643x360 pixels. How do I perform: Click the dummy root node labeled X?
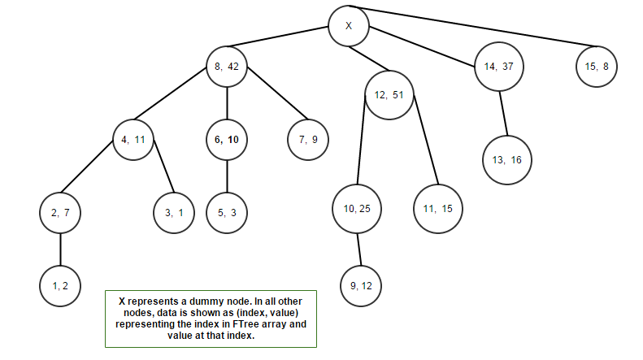point(349,25)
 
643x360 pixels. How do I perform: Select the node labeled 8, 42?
point(227,67)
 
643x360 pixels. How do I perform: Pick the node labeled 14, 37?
point(498,67)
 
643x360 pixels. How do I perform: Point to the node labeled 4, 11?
point(133,139)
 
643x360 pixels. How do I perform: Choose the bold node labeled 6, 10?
point(227,139)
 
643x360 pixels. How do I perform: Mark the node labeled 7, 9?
point(309,139)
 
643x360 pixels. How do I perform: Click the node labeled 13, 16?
point(506,159)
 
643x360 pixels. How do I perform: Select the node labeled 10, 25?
point(356,209)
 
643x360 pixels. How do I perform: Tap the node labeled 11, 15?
point(438,209)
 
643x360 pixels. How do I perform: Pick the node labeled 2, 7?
point(60,213)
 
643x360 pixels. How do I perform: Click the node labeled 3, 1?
point(173,213)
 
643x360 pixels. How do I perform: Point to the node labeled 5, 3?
point(227,213)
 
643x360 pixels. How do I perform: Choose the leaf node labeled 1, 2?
point(60,286)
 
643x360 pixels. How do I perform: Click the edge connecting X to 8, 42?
point(279,38)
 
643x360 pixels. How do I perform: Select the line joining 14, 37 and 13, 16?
point(502,112)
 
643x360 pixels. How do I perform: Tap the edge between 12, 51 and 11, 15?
point(426,141)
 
